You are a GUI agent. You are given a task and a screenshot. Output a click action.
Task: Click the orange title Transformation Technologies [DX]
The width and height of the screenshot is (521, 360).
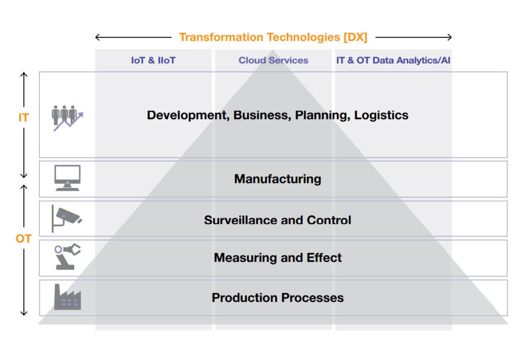pos(273,37)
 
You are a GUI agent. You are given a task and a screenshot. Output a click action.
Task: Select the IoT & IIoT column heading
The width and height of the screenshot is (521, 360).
pos(153,61)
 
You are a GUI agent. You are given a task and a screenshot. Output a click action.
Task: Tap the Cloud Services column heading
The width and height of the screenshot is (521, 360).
pos(273,61)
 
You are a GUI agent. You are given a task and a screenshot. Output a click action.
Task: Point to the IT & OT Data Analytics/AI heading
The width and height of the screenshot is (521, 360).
pos(393,61)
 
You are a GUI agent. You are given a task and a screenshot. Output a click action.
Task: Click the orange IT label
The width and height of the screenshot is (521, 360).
pos(23,117)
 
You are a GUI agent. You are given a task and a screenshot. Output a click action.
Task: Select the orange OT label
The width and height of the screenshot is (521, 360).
pos(23,238)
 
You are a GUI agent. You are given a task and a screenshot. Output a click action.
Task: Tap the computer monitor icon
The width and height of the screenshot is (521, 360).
pos(68,178)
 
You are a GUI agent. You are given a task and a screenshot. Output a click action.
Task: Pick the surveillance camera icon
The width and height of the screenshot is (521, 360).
pos(67,219)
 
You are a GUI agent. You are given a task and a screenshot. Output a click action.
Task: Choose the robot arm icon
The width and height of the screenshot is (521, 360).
pos(68,256)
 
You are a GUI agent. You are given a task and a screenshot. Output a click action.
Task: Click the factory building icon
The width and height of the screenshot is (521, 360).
pos(68,297)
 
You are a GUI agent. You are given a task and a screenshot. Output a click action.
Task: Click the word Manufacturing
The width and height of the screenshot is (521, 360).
pos(278,179)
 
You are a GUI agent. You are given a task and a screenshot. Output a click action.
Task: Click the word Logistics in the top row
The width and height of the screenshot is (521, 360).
pos(381,115)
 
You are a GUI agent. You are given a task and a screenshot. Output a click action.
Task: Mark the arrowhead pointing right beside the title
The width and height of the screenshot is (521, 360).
pos(450,37)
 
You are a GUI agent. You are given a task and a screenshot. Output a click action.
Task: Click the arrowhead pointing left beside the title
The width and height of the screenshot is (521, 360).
pos(98,37)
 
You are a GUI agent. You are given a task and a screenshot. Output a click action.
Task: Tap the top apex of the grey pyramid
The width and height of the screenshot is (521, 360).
pos(273,50)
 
